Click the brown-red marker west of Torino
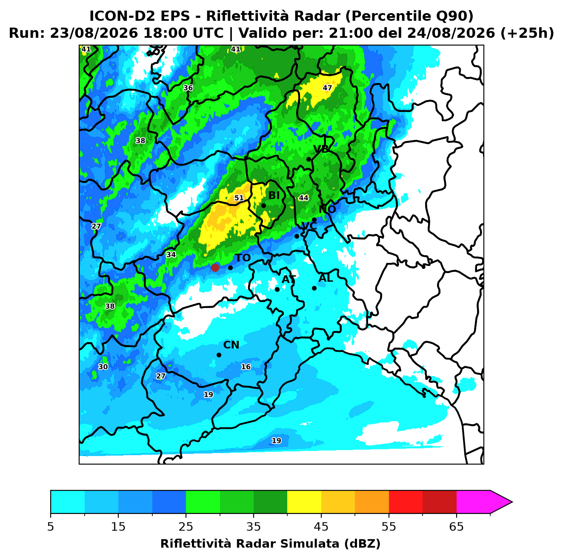tap(215, 267)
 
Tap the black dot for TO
tap(230, 268)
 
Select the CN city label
tap(231, 345)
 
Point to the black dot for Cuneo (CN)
tap(219, 355)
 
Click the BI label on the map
tap(274, 196)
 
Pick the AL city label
tap(326, 278)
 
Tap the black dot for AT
tap(277, 290)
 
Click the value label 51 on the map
tap(239, 198)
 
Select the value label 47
tap(327, 88)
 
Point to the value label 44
tap(303, 198)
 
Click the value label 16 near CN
tap(246, 367)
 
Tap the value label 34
tap(171, 254)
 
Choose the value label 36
tap(188, 88)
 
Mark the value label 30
tap(103, 367)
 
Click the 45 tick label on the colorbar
tap(321, 527)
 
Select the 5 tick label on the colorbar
tap(51, 527)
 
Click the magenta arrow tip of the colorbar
tap(512, 502)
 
